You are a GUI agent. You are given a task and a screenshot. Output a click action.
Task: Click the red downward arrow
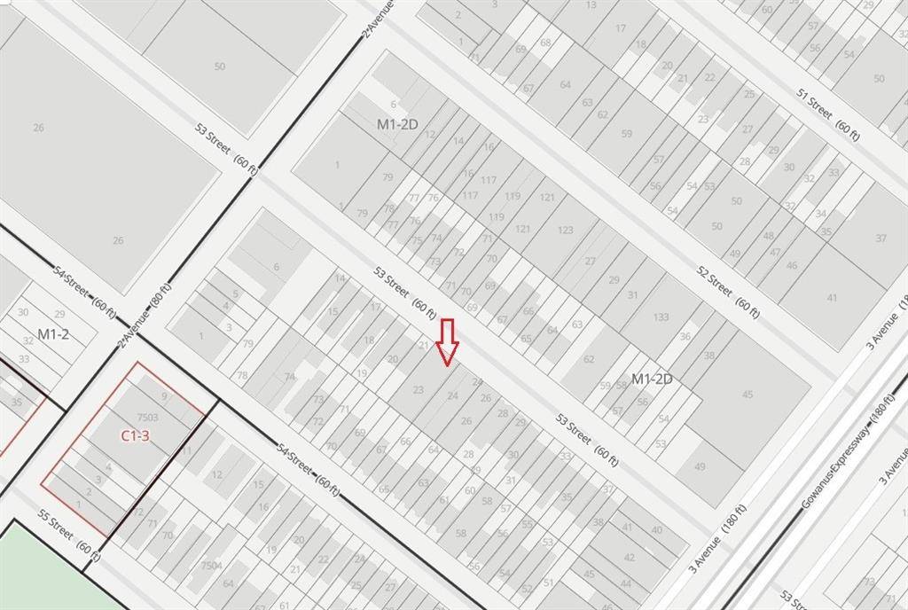click(448, 342)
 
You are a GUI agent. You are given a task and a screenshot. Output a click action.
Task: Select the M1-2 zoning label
click(53, 334)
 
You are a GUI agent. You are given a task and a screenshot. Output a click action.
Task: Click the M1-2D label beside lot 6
click(396, 124)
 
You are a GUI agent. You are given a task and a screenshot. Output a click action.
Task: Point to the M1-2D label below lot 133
click(652, 379)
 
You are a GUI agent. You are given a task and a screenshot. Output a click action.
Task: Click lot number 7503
click(147, 417)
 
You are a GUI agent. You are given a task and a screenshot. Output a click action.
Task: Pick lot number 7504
click(210, 565)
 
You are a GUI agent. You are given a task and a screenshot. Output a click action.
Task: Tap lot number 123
click(565, 230)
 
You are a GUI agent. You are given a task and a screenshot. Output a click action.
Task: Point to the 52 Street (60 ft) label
click(728, 288)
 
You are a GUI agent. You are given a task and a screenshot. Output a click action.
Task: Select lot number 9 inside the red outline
click(164, 396)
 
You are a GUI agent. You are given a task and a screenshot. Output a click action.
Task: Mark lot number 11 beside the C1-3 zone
click(187, 450)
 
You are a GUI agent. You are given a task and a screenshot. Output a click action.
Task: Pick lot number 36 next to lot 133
click(685, 337)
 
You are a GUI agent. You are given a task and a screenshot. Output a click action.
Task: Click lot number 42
click(629, 557)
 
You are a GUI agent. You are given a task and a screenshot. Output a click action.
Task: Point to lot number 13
click(591, 5)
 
